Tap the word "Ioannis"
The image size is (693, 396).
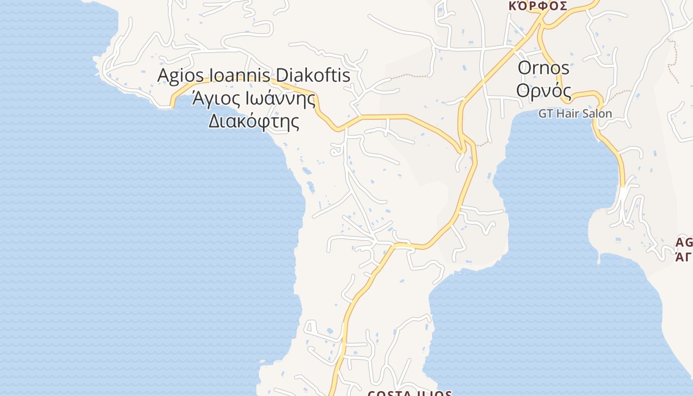[240, 76]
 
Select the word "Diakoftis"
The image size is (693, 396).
[312, 76]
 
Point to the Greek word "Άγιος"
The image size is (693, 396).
[215, 99]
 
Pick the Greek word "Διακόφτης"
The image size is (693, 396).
[253, 121]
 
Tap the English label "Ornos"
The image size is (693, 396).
[543, 68]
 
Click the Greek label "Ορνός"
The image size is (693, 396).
[543, 91]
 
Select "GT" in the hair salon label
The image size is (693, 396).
[545, 114]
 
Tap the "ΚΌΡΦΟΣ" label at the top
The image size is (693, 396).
[538, 6]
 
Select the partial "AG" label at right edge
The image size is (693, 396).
[685, 243]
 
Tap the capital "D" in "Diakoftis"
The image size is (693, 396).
[281, 76]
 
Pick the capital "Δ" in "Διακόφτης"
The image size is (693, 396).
[214, 121]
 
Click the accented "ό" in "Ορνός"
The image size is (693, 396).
[556, 91]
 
